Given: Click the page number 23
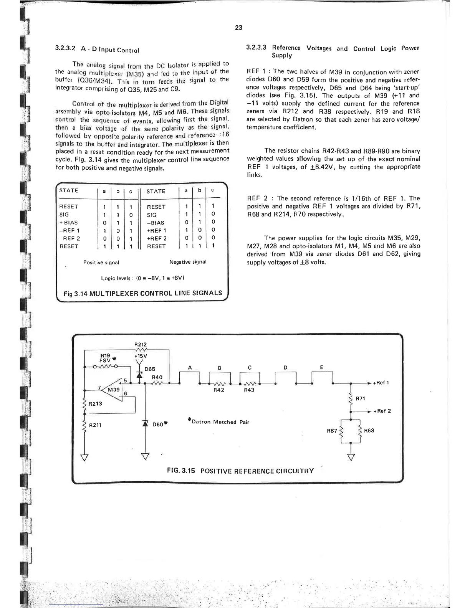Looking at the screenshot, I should pos(238,28).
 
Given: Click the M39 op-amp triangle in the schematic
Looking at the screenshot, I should pos(113,390).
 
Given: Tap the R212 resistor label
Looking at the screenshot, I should pos(141,345).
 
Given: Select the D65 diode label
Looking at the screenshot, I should pos(150,369).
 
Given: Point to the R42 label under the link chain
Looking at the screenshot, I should pos(218,390).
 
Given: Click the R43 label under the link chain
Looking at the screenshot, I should pos(249,390).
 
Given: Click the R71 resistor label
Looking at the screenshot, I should pos(360,399).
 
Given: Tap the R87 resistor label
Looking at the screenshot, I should pos(331,431).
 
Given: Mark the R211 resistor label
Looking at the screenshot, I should pos(95,425).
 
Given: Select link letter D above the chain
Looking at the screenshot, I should pos(285,368).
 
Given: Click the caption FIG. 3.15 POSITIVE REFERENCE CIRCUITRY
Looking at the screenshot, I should pos(240,471).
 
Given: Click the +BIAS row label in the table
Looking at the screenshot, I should pos(68,223).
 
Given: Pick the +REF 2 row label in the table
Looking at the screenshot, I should pos(157,238).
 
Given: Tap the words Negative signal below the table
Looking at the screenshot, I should pos(188,262).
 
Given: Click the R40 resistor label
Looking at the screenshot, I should pos(157,377).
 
